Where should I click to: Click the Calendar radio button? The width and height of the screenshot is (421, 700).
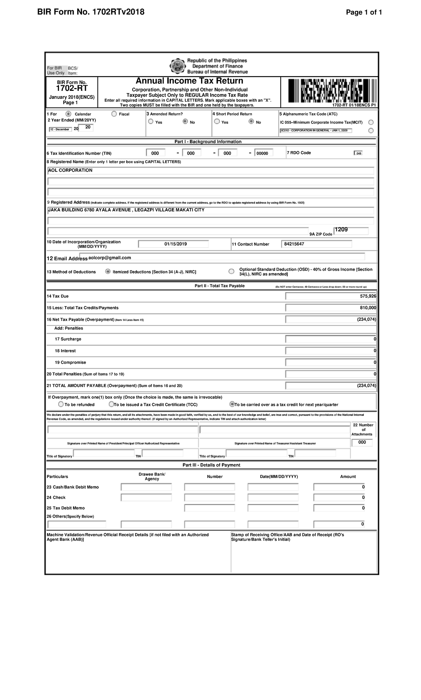pos(68,114)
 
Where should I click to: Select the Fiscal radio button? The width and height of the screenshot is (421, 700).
pos(114,114)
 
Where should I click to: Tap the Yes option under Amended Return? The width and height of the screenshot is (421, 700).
pos(151,122)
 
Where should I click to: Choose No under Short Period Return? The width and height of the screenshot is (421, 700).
pos(251,122)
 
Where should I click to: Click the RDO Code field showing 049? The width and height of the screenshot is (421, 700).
pos(358,153)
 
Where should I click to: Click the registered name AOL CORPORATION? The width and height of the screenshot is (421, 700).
pos(70,170)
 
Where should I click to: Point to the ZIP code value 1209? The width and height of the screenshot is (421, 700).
pos(341,230)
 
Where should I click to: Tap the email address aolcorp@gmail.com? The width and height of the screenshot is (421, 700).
pos(110,258)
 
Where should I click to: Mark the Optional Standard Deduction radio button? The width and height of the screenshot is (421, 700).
pos(231,271)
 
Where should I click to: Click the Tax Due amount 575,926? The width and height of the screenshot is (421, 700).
pos(368,296)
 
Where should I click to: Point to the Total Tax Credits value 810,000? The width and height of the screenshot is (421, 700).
pos(368,308)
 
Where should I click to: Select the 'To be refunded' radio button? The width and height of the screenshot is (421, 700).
pos(61,404)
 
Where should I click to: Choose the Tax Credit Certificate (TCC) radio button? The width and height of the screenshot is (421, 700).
pos(112,404)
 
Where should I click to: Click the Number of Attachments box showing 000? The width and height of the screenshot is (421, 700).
pos(362,443)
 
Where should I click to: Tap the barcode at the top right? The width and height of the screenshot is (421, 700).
pos(332,90)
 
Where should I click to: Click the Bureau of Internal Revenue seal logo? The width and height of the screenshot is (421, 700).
pos(178,66)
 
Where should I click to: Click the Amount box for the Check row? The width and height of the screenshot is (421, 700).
pos(339,498)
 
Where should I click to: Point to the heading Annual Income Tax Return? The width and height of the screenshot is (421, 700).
pos(189,81)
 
